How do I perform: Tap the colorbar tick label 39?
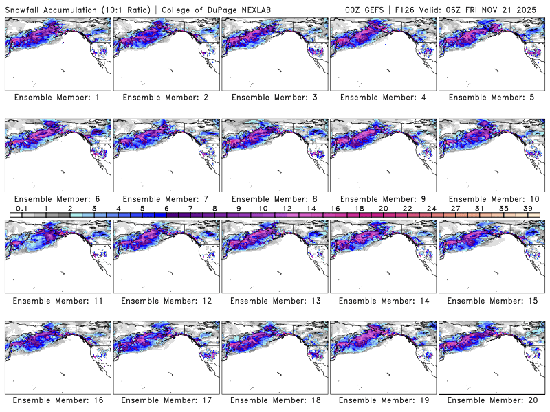(x=528, y=208)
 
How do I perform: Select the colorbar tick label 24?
(x=431, y=208)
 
